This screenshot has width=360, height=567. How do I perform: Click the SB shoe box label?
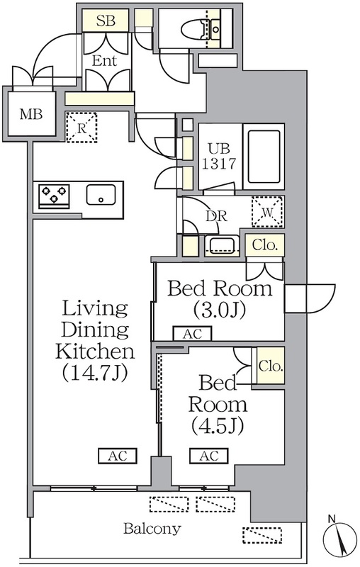(106, 21)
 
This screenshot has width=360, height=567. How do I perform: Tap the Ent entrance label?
(104, 60)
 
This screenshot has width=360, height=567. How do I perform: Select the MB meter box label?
(31, 114)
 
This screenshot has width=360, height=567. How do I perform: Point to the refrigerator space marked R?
(81, 128)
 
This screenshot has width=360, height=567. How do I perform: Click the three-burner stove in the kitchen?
(55, 196)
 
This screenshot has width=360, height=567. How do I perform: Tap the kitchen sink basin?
(101, 195)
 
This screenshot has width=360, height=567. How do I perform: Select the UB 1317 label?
(219, 157)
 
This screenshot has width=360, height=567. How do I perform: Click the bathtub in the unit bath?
(264, 157)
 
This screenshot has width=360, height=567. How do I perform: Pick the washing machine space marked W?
(268, 212)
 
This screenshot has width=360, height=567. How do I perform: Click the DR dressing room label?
(217, 216)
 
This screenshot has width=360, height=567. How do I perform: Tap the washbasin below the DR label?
(222, 245)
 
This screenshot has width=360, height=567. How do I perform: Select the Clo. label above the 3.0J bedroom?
(265, 245)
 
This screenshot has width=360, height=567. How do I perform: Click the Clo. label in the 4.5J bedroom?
(271, 366)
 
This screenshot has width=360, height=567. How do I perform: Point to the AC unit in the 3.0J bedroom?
(192, 333)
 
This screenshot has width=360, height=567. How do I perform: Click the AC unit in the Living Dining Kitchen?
(118, 456)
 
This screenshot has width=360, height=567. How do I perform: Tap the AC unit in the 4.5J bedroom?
(209, 456)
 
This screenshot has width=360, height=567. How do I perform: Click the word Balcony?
(152, 529)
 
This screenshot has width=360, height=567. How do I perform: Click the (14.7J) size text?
(95, 374)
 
